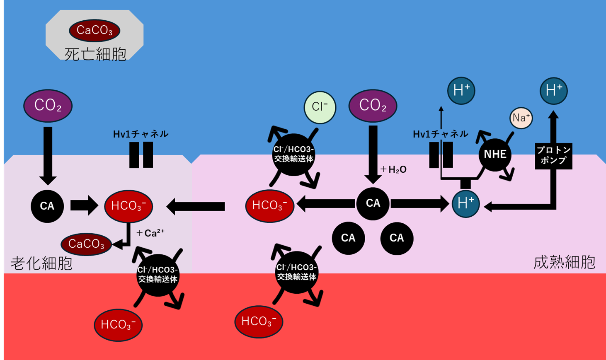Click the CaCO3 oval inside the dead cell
tap(95, 30)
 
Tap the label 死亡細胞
tap(95, 54)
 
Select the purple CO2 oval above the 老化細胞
tap(48, 106)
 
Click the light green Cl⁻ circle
tap(320, 107)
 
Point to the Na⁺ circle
tap(521, 118)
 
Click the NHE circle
tap(495, 155)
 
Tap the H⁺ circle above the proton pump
tap(554, 91)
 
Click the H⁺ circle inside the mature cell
tap(465, 203)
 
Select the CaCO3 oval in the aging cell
tap(86, 244)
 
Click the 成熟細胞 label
tap(564, 262)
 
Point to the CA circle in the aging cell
tap(47, 206)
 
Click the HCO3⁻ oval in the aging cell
tap(128, 206)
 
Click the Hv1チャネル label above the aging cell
tap(141, 134)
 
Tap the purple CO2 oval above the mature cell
tap(373, 106)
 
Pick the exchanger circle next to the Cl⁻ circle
tap(293, 154)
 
